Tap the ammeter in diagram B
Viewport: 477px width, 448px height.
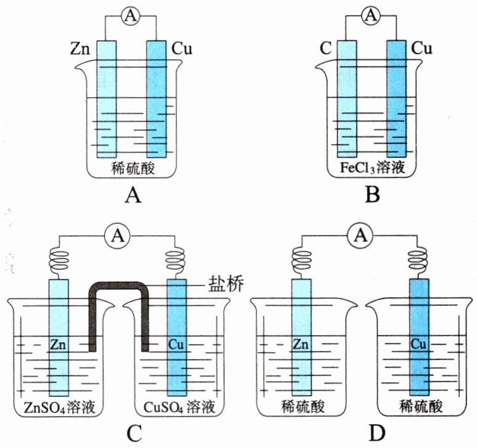371,17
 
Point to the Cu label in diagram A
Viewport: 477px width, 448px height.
182,47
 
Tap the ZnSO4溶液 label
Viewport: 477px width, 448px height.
56,407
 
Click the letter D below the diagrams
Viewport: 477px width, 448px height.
377,433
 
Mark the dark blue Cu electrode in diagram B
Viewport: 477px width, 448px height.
396,98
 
